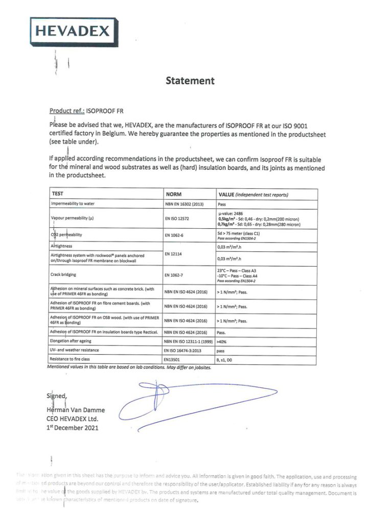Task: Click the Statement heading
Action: pos(190,80)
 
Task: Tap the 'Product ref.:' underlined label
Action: pos(67,111)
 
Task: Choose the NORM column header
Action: pos(175,194)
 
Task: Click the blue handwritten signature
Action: pos(204,404)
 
